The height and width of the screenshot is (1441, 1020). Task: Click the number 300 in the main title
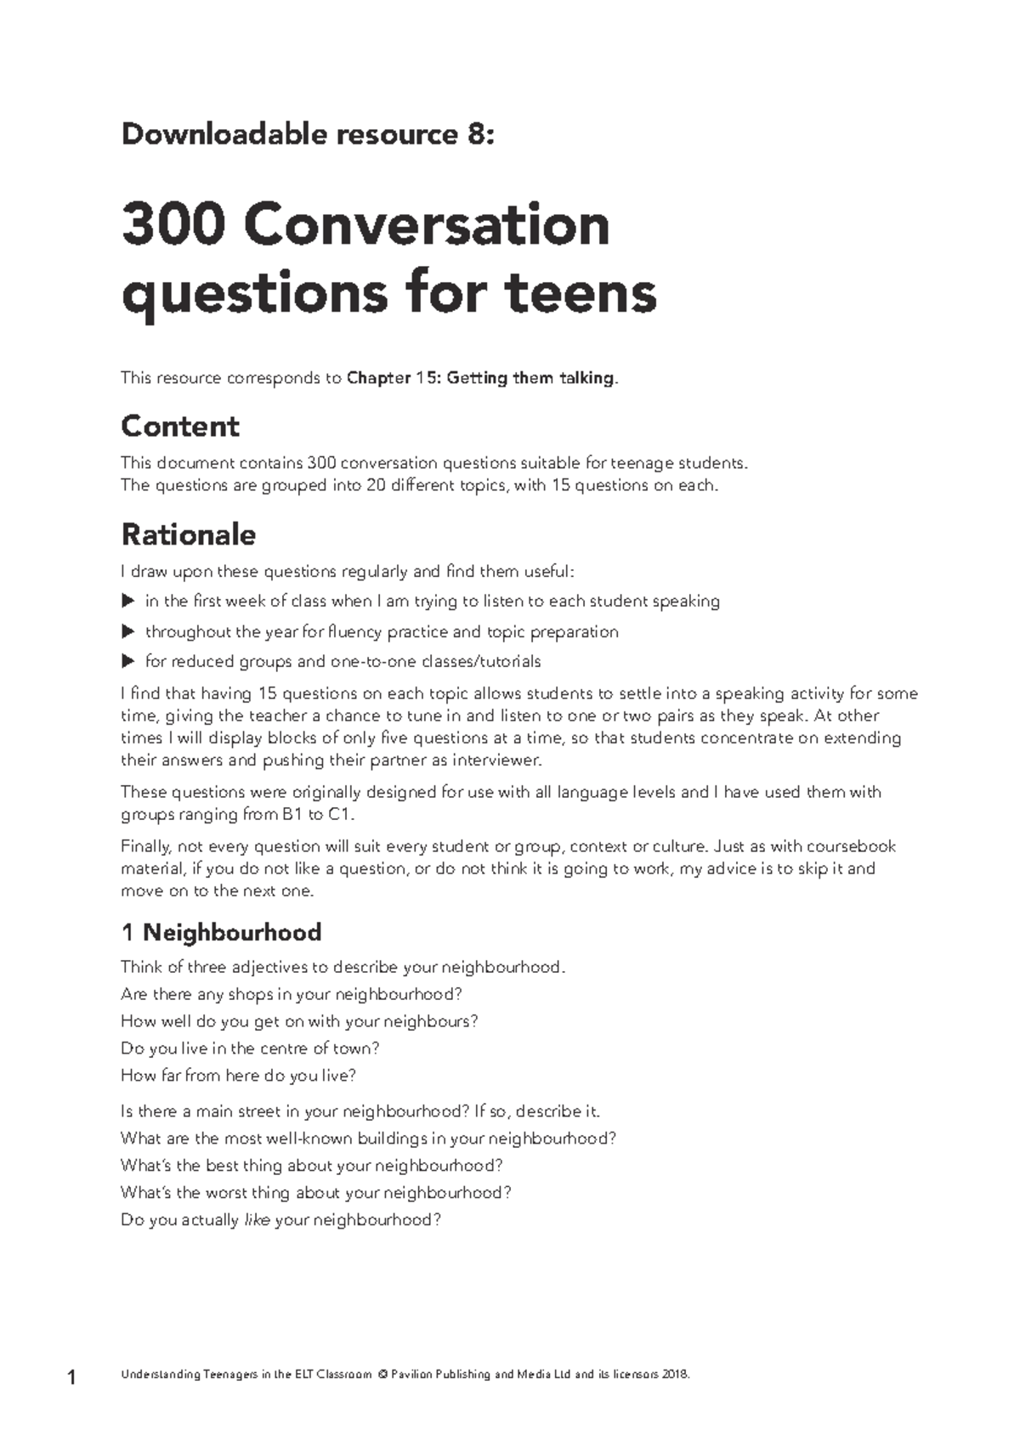click(x=173, y=224)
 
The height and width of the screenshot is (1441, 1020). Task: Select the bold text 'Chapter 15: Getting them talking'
click(x=480, y=378)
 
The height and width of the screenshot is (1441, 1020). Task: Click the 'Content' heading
click(x=180, y=426)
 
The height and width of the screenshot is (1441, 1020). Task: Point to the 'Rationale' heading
click(x=188, y=534)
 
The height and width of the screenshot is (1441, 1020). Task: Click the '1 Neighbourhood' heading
click(x=221, y=932)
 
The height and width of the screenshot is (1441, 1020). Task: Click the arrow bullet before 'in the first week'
click(x=128, y=602)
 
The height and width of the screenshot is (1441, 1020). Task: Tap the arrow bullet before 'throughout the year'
click(x=128, y=632)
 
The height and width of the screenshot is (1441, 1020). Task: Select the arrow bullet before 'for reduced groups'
click(x=128, y=661)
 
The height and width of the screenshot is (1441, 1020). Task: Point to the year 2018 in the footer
click(x=672, y=1375)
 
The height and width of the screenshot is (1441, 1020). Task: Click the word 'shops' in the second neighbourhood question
click(x=251, y=995)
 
